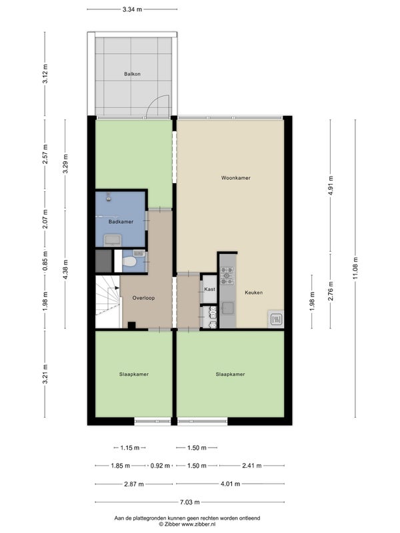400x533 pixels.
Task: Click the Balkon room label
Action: pyautogui.click(x=132, y=74)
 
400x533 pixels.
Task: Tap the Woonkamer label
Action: pyautogui.click(x=236, y=178)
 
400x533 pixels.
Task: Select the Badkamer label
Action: pyautogui.click(x=121, y=222)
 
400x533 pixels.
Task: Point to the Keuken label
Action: pyautogui.click(x=254, y=292)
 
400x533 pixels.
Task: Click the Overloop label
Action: pyautogui.click(x=143, y=298)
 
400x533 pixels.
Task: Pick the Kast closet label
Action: pyautogui.click(x=209, y=289)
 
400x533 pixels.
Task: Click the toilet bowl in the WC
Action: pyautogui.click(x=129, y=262)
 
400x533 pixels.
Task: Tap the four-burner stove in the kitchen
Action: pyautogui.click(x=227, y=276)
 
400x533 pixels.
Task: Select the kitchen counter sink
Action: pyautogui.click(x=228, y=308)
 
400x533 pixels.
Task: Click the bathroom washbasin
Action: pyautogui.click(x=113, y=240)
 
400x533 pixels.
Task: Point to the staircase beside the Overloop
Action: pyautogui.click(x=108, y=302)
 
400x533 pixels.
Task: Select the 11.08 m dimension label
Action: pyautogui.click(x=356, y=268)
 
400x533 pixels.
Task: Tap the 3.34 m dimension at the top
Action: pyautogui.click(x=132, y=9)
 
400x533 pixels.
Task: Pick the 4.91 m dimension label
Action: pyautogui.click(x=331, y=186)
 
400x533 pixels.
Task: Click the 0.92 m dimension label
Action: pyautogui.click(x=160, y=466)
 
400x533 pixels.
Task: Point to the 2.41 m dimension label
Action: pyautogui.click(x=252, y=466)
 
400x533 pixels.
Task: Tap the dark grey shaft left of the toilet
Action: pyautogui.click(x=104, y=261)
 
